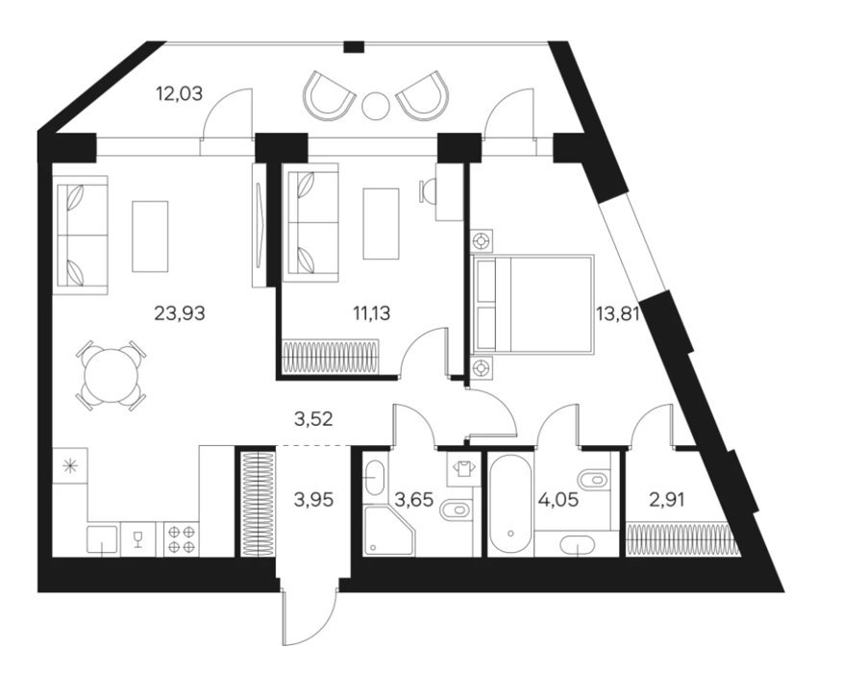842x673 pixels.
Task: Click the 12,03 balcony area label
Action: [180, 94]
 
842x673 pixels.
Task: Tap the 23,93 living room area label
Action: [180, 312]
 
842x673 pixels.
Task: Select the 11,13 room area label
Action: [372, 312]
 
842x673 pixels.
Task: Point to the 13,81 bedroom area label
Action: [617, 312]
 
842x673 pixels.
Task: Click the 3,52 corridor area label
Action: [313, 418]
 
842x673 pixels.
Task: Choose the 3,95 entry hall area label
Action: [313, 500]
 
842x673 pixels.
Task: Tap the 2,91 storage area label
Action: [666, 500]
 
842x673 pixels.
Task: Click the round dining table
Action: [111, 375]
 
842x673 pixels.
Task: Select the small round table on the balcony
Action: [376, 107]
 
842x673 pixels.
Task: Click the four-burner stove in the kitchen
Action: [181, 539]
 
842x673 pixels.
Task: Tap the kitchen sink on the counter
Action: [103, 539]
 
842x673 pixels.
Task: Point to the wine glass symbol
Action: [138, 539]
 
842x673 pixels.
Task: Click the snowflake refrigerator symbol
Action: [69, 466]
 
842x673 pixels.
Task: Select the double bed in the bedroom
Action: [532, 305]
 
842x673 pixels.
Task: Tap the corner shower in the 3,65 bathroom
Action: [389, 530]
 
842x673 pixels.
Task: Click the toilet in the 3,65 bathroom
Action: [458, 510]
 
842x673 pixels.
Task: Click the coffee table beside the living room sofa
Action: [150, 237]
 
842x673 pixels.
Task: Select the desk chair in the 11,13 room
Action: [427, 191]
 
